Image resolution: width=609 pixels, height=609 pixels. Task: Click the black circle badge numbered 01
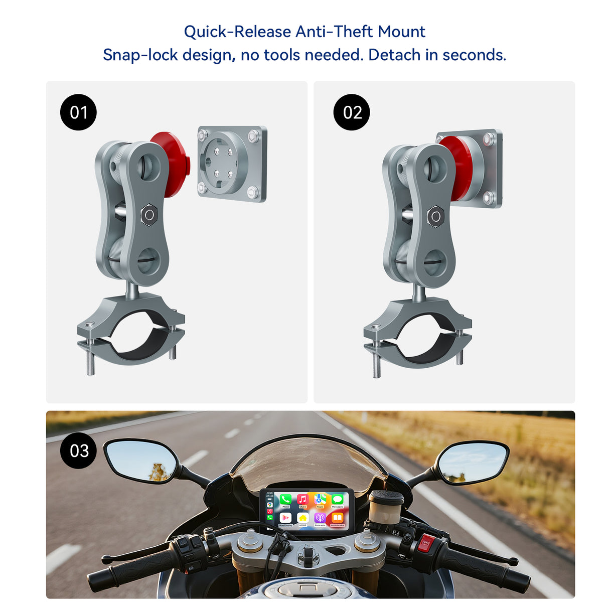tap(78, 112)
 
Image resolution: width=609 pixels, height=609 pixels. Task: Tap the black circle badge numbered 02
tap(352, 112)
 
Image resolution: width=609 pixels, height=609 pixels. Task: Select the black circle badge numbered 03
tap(78, 450)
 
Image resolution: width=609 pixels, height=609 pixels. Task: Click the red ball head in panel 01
tap(172, 163)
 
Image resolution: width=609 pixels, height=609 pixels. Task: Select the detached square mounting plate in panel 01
tap(232, 163)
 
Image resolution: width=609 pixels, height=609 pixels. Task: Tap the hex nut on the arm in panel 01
tap(149, 215)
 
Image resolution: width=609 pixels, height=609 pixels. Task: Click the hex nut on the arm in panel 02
tap(435, 216)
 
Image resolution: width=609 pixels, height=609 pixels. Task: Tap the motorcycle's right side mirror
tap(472, 463)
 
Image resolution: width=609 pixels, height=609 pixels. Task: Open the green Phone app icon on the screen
tap(285, 500)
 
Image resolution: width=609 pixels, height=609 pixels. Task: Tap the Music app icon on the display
tap(302, 500)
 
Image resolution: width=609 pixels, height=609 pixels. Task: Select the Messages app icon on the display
tap(338, 500)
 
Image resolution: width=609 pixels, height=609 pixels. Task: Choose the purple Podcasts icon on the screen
tap(320, 518)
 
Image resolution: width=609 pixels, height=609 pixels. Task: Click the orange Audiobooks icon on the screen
tap(338, 518)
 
